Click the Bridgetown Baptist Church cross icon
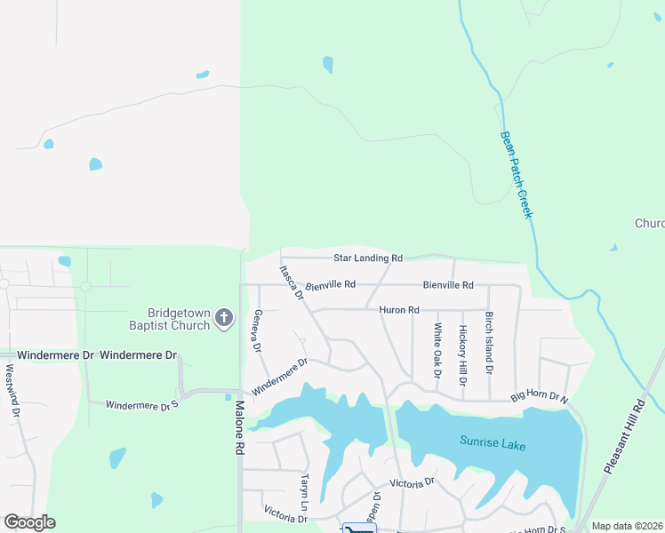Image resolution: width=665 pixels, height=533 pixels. tap(225, 317)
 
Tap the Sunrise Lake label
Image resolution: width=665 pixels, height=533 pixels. tap(493, 441)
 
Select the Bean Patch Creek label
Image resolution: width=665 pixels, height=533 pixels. tap(517, 174)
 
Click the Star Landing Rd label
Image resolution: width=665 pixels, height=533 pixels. tap(368, 258)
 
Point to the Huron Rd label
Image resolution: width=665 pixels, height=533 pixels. tap(398, 310)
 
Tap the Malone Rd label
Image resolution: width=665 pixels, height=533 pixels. tap(239, 428)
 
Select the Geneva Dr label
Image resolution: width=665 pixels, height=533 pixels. tap(257, 330)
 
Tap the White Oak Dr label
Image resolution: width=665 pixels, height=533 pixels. tap(437, 350)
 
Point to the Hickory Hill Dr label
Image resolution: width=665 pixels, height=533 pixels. tap(462, 355)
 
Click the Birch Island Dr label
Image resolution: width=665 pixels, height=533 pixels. tap(488, 343)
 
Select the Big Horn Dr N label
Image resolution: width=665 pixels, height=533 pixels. tap(539, 398)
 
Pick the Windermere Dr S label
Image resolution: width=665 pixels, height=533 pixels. tap(142, 405)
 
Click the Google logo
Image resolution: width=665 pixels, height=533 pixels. tap(29, 522)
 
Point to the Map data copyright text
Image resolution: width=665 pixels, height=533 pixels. tap(627, 526)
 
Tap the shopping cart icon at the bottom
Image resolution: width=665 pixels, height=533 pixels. tap(359, 529)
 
